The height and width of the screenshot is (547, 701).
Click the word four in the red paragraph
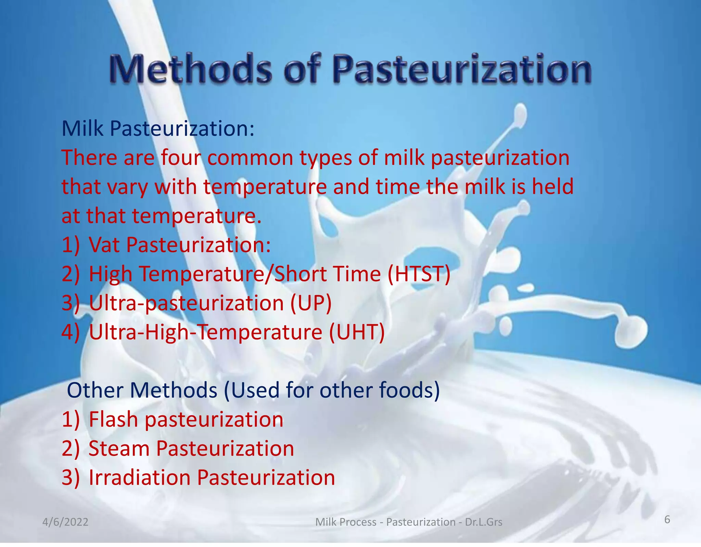click(x=180, y=158)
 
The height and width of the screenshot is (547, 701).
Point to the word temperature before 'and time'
click(x=265, y=187)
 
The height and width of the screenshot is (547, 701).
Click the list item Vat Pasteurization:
click(x=179, y=245)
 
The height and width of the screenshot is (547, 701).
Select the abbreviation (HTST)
click(x=419, y=274)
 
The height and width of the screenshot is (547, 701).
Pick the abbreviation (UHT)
click(x=357, y=332)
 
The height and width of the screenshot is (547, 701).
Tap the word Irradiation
click(x=139, y=477)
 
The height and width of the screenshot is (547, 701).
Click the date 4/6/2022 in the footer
click(x=65, y=522)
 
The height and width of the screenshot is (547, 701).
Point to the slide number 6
click(x=667, y=520)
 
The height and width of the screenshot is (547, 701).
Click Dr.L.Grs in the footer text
click(x=484, y=522)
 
